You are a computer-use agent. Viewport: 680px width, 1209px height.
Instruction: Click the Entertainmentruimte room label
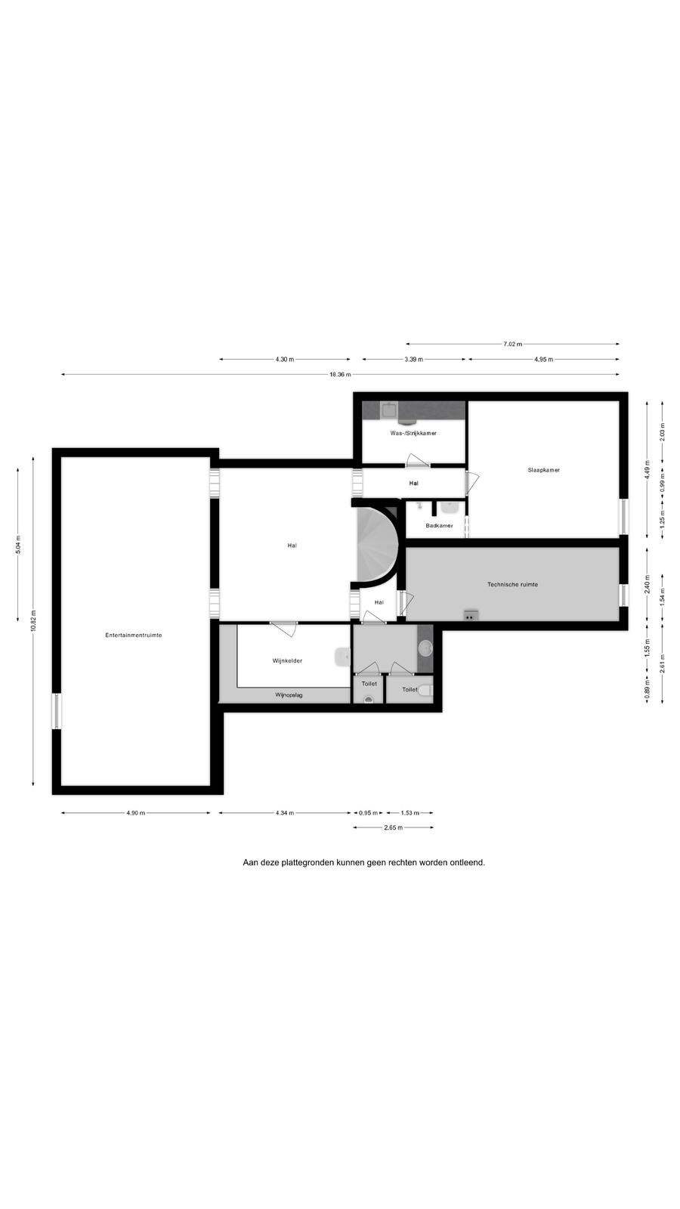point(133,635)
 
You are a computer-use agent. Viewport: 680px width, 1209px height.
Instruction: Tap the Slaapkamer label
point(543,470)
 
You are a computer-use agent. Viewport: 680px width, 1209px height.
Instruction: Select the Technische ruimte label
point(512,584)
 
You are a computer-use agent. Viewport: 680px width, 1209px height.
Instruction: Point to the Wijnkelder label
point(287,660)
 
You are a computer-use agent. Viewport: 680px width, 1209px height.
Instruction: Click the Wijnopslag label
point(289,695)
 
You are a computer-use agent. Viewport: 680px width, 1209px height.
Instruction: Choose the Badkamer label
point(439,525)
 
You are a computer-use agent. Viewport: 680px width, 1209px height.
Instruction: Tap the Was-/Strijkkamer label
point(413,433)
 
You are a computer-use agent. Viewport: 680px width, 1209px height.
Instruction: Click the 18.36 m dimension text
point(341,375)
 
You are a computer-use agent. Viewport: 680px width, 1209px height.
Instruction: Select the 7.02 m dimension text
point(512,344)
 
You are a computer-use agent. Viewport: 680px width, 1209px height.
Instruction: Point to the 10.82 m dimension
point(33,620)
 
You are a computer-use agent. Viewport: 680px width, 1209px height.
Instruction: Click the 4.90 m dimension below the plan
point(135,813)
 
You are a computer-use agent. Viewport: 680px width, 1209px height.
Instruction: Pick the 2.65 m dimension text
point(394,827)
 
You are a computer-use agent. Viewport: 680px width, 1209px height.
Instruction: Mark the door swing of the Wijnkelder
point(284,629)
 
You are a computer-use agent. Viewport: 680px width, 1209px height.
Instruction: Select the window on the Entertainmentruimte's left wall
point(56,711)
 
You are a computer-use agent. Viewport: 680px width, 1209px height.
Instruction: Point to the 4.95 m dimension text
point(543,360)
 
